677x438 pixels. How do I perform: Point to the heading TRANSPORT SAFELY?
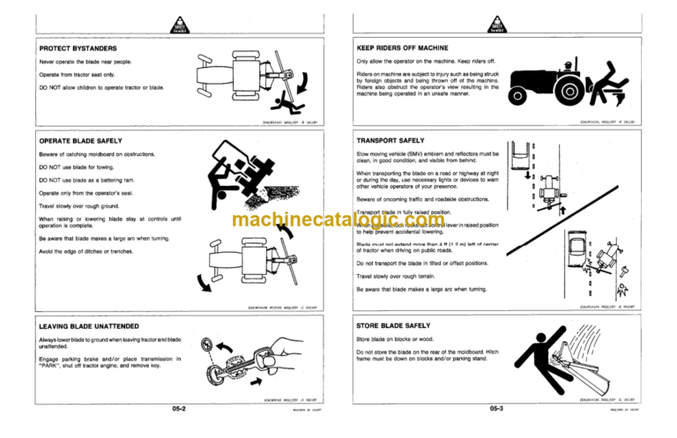pyautogui.click(x=389, y=140)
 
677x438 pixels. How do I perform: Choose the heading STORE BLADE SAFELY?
pyautogui.click(x=392, y=325)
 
